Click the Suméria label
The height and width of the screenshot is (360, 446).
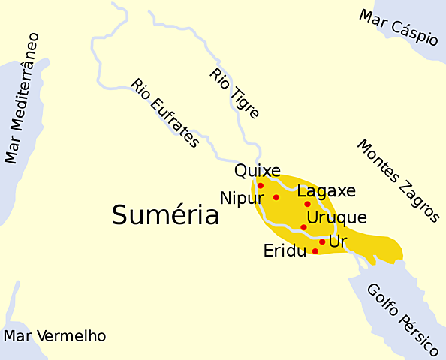tap(165, 216)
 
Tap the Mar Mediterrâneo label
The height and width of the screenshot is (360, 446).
tap(22, 98)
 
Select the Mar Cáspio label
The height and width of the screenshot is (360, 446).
tap(398, 28)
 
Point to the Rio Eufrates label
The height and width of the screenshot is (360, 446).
tap(164, 113)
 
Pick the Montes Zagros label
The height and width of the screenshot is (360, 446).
tap(397, 181)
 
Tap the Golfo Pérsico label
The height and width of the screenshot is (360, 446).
tap(402, 319)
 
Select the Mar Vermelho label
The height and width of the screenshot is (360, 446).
tap(55, 336)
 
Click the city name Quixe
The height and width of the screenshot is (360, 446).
tap(258, 171)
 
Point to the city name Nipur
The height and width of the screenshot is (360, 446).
tap(242, 199)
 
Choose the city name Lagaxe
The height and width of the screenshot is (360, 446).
tap(326, 191)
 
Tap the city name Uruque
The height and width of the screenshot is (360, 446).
tap(337, 218)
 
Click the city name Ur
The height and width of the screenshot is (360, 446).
tap(338, 241)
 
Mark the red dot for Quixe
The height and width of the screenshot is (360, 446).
tap(261, 185)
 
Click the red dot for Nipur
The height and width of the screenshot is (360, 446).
tap(276, 197)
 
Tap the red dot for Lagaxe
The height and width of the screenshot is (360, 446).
tap(307, 204)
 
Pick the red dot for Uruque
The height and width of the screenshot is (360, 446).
tap(303, 227)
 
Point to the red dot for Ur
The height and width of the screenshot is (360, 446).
tap(322, 241)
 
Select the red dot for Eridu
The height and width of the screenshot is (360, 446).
tap(315, 251)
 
